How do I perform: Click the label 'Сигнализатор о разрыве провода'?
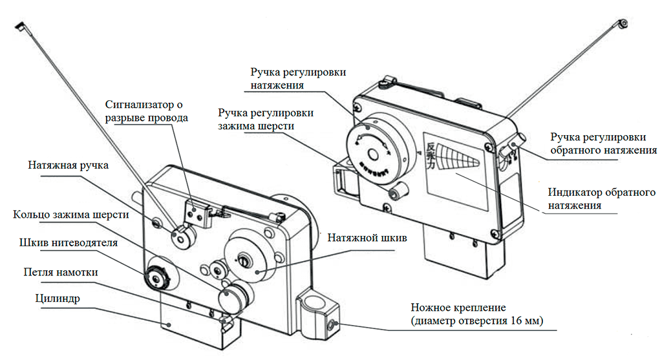pyautogui.click(x=147, y=112)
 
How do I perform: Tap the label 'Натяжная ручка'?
pyautogui.click(x=68, y=165)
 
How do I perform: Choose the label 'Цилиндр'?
pyautogui.click(x=53, y=298)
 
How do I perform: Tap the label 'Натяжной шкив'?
pyautogui.click(x=367, y=238)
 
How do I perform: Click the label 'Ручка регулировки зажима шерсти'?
pyautogui.click(x=266, y=120)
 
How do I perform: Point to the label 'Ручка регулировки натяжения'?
pyautogui.click(x=297, y=78)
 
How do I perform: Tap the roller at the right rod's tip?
pyautogui.click(x=623, y=24)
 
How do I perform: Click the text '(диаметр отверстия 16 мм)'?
pyautogui.click(x=477, y=321)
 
